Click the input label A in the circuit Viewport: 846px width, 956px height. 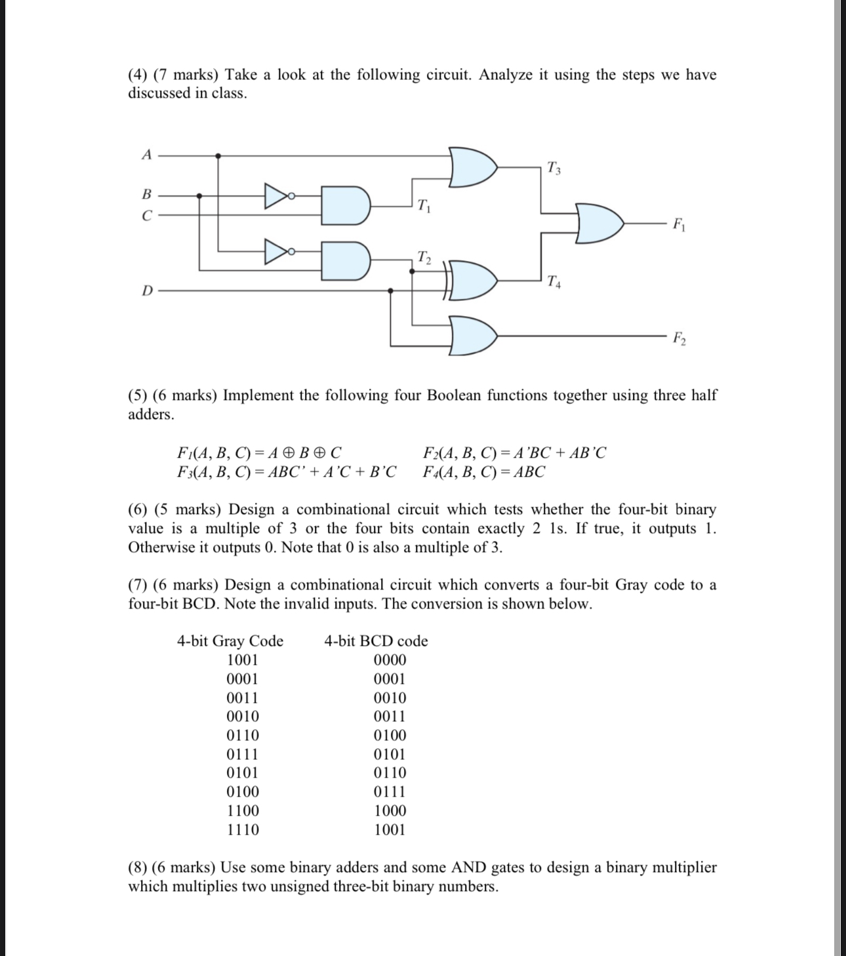147,155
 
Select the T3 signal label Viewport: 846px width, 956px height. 554,169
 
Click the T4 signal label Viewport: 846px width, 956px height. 554,283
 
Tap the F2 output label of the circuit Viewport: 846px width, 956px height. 679,338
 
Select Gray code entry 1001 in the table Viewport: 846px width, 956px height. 242,660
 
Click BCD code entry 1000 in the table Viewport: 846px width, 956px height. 390,810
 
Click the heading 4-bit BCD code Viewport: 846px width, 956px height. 376,641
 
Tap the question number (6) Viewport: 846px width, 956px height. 140,509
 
